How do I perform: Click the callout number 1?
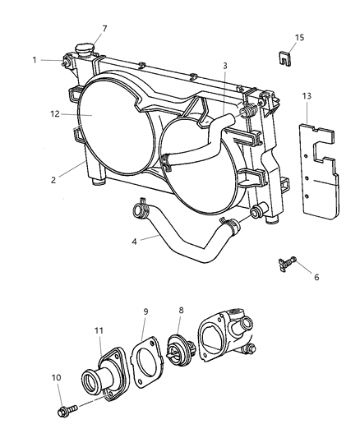(35, 59)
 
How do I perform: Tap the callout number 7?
(104, 29)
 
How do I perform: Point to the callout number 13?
(306, 96)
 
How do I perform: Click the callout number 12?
(54, 113)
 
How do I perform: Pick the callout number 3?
(224, 66)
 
